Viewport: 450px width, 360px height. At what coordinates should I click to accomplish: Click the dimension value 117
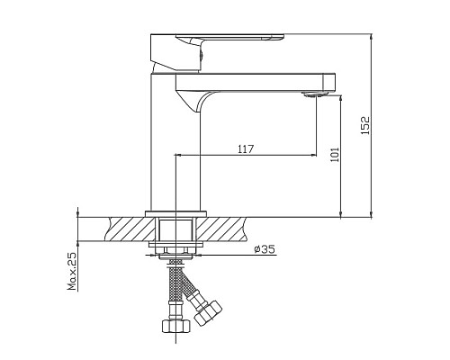click(x=244, y=148)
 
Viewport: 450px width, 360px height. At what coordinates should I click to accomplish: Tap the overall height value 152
click(x=364, y=125)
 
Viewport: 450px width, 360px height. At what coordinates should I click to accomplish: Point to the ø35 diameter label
click(x=264, y=248)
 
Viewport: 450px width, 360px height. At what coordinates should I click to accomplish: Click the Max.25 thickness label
click(x=71, y=272)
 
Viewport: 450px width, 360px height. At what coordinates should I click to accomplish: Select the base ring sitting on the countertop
click(x=174, y=213)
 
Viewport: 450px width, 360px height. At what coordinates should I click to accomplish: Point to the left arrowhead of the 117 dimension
click(x=178, y=156)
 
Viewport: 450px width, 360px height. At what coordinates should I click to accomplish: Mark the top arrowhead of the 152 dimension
click(x=372, y=39)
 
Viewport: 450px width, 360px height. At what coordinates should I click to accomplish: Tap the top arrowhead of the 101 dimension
click(x=340, y=95)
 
